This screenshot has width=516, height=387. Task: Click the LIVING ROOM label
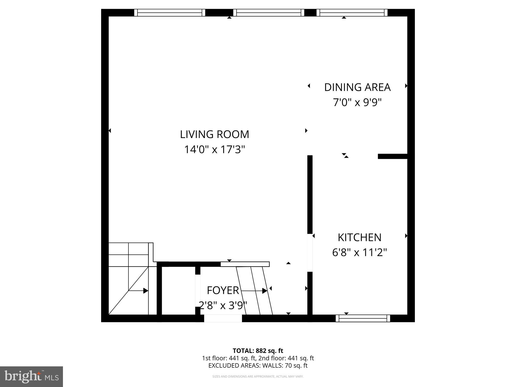click(x=214, y=134)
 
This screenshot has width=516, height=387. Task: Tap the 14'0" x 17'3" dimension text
click(x=214, y=149)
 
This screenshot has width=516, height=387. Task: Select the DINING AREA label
click(x=357, y=87)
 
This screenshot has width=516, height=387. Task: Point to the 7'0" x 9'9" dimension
click(x=357, y=103)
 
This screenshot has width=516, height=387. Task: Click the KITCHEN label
click(x=359, y=238)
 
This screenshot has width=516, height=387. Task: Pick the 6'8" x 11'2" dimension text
click(x=359, y=253)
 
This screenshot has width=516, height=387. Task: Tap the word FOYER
click(x=223, y=291)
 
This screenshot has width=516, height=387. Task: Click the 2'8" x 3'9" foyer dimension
click(x=223, y=305)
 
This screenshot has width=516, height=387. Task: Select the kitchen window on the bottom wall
click(x=363, y=318)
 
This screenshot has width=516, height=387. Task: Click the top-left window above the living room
click(x=170, y=13)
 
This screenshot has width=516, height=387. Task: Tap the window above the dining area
click(x=352, y=13)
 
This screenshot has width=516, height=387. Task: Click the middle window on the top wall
click(x=269, y=13)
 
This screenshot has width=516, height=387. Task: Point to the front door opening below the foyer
click(x=223, y=319)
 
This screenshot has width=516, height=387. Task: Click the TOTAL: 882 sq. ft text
click(x=258, y=351)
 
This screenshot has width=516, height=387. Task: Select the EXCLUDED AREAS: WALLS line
click(x=258, y=366)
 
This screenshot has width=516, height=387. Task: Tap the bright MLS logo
click(x=31, y=377)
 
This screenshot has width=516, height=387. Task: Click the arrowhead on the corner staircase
click(x=146, y=291)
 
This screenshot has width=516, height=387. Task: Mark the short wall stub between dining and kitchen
click(x=392, y=156)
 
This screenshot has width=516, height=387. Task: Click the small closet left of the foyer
click(x=178, y=291)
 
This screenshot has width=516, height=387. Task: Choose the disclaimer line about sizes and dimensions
click(x=258, y=377)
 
